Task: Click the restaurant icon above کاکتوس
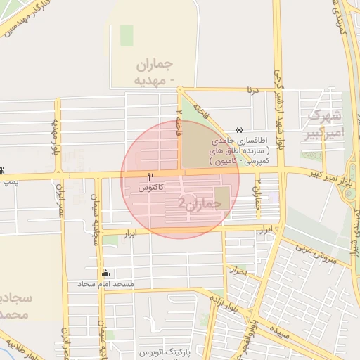150,177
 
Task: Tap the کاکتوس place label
151,188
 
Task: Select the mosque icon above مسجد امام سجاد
106,273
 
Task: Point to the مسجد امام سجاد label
105,284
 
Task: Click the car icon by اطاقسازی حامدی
240,130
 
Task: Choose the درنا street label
251,90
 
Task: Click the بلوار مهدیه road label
53,137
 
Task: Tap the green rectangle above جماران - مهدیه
127,35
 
